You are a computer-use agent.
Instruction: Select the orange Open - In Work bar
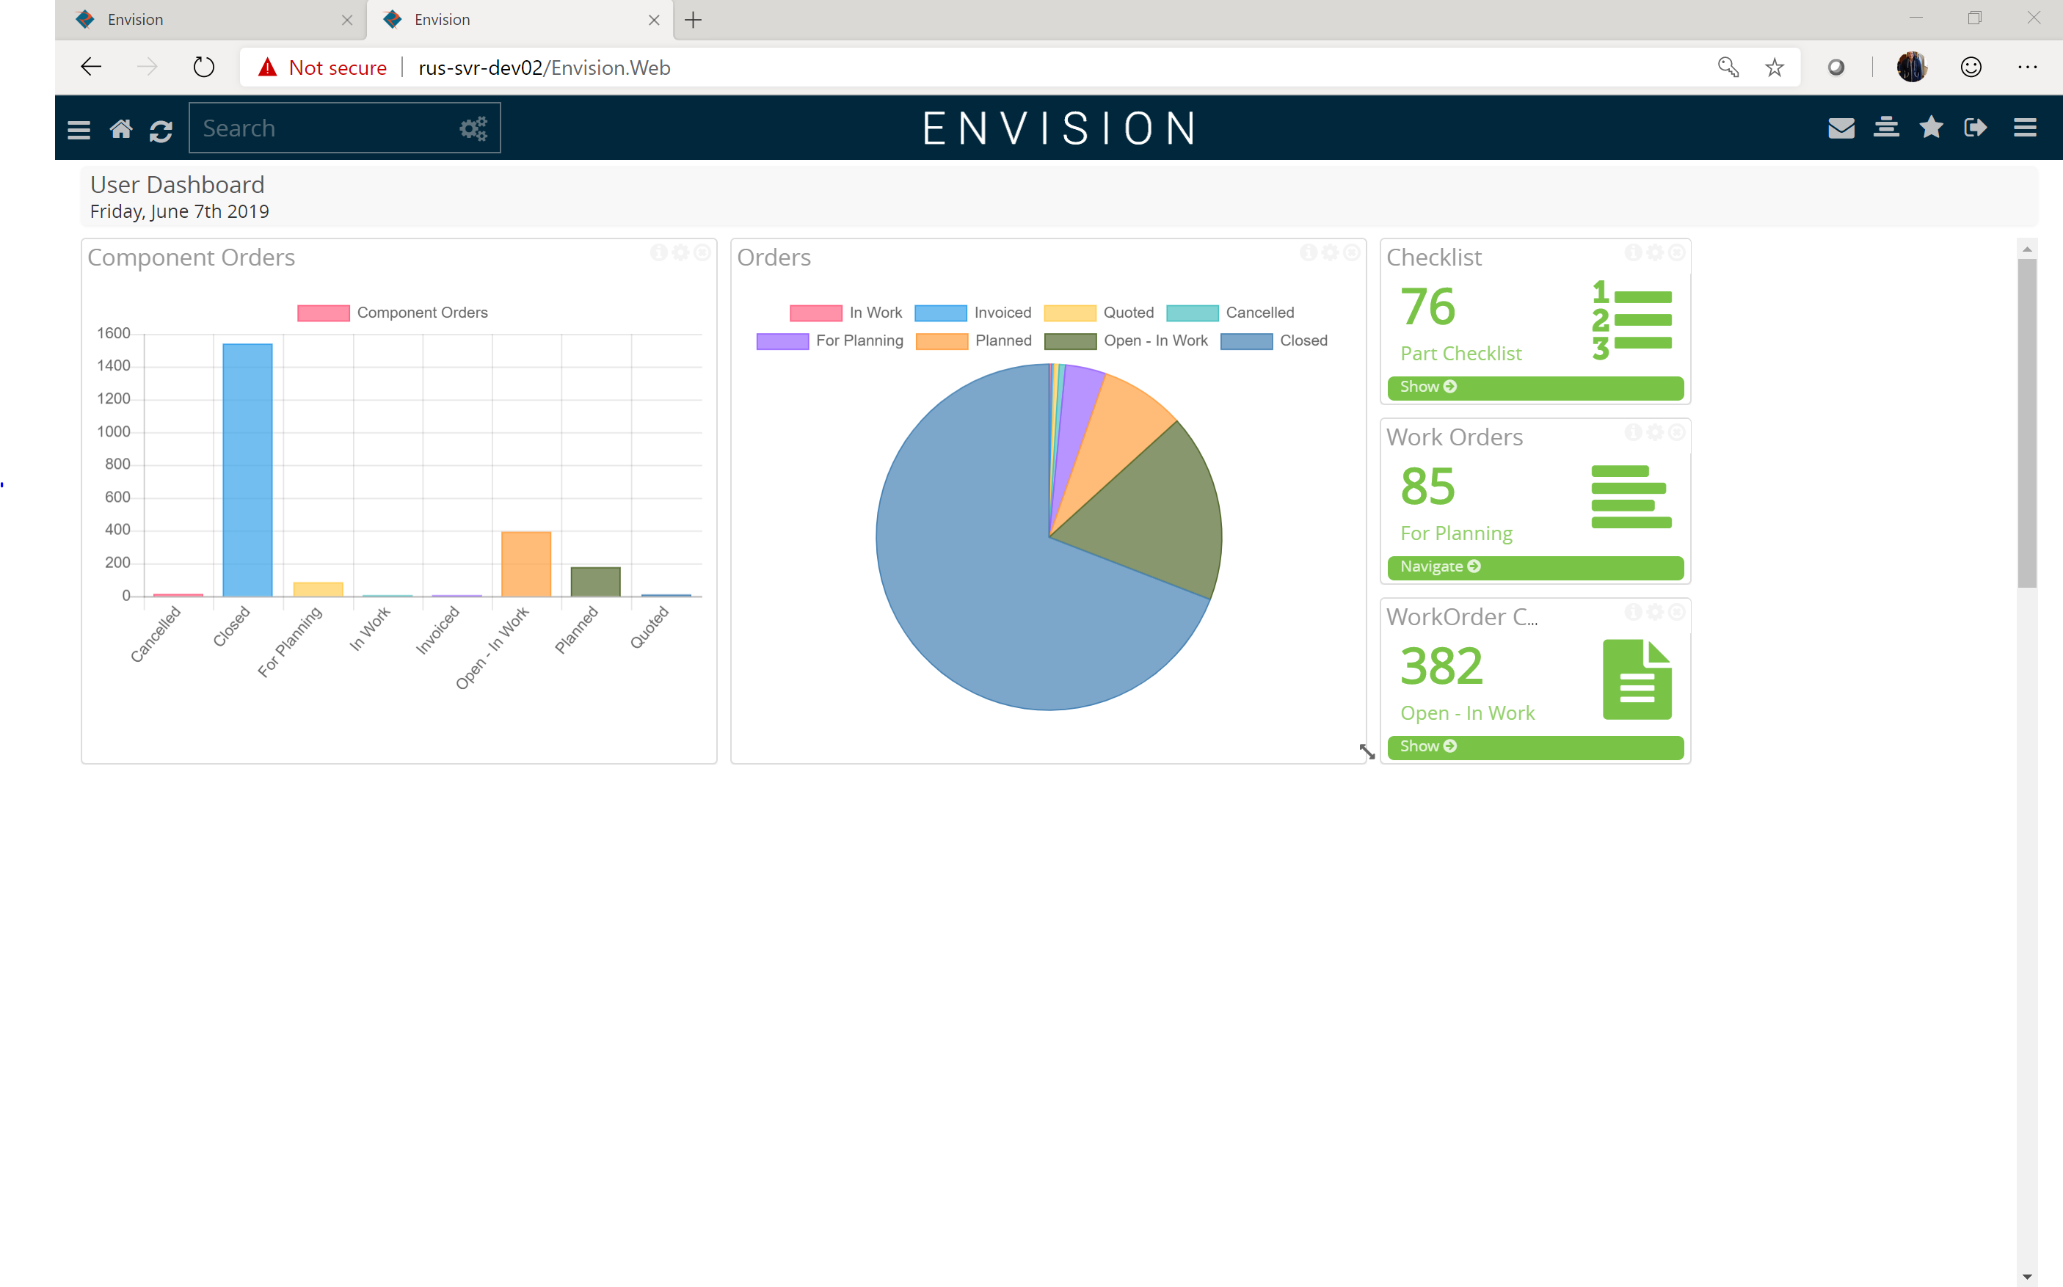coord(526,564)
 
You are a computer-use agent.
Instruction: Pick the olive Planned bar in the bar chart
coord(595,581)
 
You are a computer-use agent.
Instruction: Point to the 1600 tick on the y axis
coord(114,334)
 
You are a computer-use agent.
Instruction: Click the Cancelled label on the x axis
coord(156,633)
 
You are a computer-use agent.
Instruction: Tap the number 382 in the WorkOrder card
coord(1441,666)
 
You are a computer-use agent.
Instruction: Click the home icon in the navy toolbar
coord(121,128)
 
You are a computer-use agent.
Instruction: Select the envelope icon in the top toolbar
coord(1841,128)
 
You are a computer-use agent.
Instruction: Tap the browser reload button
coord(203,68)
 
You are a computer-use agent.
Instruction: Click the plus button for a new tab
coord(693,20)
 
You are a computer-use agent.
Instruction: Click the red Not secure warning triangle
coord(267,68)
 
